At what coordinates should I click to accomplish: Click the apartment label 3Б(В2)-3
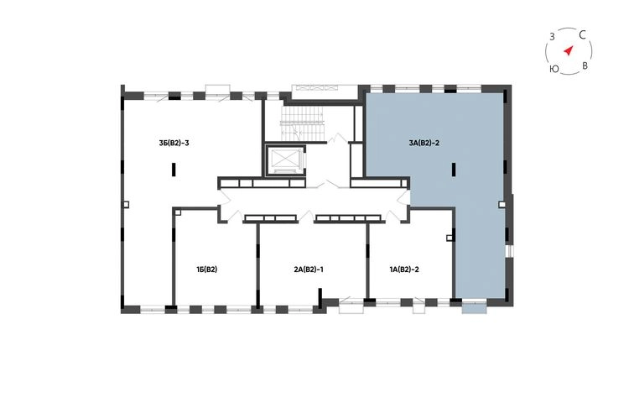coord(174,143)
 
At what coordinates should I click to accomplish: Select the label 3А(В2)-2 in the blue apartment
coord(424,143)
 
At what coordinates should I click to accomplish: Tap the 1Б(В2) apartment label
coord(206,269)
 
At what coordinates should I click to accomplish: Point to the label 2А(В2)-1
coord(309,269)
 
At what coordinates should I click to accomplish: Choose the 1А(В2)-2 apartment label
coord(404,269)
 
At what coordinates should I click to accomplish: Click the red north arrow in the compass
coord(569,50)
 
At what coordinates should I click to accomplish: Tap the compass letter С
coord(583,35)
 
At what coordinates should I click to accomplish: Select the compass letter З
coord(552,37)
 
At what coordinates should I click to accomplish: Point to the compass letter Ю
coord(554,69)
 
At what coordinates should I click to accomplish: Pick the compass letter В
coord(585,65)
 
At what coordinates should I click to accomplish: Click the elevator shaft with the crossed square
coord(285,160)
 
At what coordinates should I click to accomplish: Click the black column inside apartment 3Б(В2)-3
coord(174,170)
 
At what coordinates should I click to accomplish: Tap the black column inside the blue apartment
coord(453,170)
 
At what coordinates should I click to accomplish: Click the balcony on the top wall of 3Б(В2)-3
coord(218,89)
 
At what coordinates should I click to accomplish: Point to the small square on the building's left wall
coord(126,204)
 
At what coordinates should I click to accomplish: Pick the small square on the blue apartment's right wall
coord(502,204)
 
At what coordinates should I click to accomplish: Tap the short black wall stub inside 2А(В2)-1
coord(320,297)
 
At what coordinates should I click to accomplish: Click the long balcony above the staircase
coord(325,92)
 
